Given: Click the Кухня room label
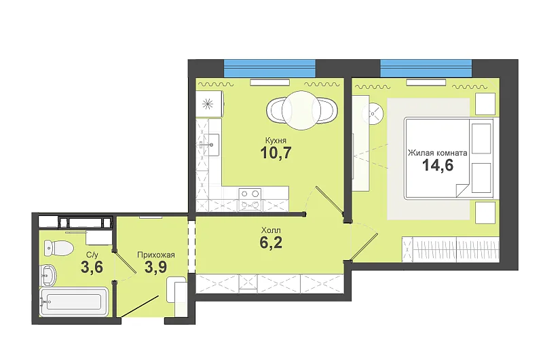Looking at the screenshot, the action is pyautogui.click(x=276, y=141).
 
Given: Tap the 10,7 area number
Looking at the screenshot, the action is pyautogui.click(x=276, y=153).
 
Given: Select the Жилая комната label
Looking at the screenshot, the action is pyautogui.click(x=437, y=153).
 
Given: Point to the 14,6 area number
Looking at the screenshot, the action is pyautogui.click(x=438, y=165).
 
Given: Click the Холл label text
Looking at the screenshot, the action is pyautogui.click(x=271, y=230).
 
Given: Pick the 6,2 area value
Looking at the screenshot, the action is pyautogui.click(x=271, y=242).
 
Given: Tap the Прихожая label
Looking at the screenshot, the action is pyautogui.click(x=156, y=255).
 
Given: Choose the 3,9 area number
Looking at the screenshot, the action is pyautogui.click(x=156, y=267).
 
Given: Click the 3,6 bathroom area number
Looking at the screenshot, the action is pyautogui.click(x=92, y=267).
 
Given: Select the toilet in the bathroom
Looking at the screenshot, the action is pyautogui.click(x=58, y=248).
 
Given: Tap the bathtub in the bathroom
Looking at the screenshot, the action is pyautogui.click(x=74, y=302).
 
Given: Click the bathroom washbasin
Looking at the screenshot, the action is pyautogui.click(x=48, y=276).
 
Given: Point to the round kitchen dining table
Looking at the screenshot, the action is pyautogui.click(x=301, y=111).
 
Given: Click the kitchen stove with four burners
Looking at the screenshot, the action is pyautogui.click(x=250, y=199).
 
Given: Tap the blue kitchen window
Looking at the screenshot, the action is pyautogui.click(x=269, y=69).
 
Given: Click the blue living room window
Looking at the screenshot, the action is pyautogui.click(x=426, y=69).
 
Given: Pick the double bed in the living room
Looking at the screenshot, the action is pyautogui.click(x=449, y=158).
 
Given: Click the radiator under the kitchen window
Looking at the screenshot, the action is pyautogui.click(x=269, y=82).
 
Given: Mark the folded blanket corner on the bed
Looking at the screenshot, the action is pyautogui.click(x=464, y=190).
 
